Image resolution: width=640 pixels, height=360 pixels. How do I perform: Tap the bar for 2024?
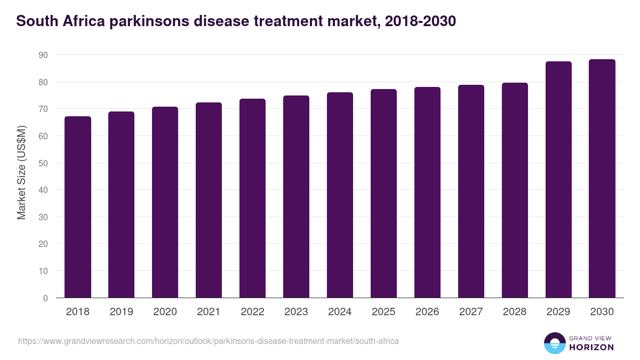point(340,195)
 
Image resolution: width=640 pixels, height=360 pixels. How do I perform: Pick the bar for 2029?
point(558,180)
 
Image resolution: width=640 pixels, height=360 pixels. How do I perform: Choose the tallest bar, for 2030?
point(602,179)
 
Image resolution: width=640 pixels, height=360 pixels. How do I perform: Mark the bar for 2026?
point(427,193)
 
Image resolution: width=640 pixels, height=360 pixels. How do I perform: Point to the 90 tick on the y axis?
point(43,55)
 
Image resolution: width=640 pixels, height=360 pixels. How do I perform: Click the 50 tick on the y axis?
point(43,163)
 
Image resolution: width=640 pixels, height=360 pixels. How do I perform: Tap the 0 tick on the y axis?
point(45,298)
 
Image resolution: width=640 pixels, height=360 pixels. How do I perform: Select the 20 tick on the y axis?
point(43,244)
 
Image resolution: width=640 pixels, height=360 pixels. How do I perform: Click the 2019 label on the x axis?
point(122,312)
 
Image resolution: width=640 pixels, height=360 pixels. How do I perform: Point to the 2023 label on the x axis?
point(296,312)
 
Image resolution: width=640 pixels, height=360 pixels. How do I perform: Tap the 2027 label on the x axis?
point(471,312)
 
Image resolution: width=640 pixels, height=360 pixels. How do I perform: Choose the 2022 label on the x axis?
point(252,312)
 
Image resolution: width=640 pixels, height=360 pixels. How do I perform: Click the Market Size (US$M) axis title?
point(21,172)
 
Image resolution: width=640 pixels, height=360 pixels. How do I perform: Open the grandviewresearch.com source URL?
point(209,341)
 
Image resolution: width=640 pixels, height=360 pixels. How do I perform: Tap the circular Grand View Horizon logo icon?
point(554,343)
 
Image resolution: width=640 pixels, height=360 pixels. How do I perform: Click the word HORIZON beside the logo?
point(592,347)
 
